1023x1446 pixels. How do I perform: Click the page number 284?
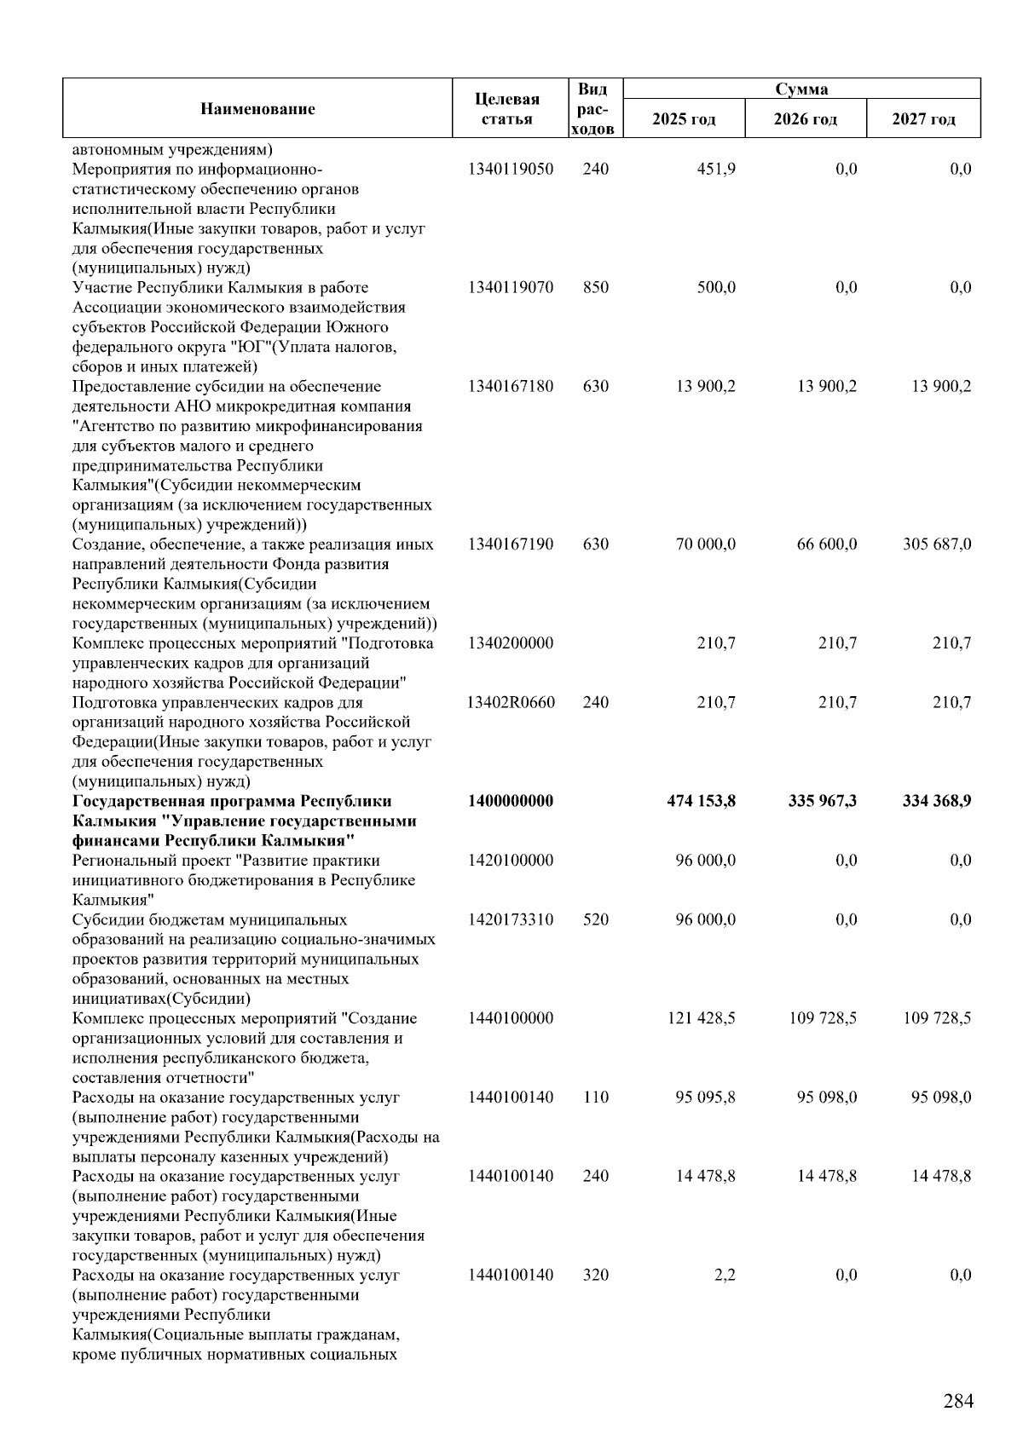coord(958,1401)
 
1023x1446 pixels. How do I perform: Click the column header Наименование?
coord(257,108)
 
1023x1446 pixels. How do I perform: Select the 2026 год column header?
coord(805,118)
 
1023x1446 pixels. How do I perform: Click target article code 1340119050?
coord(510,169)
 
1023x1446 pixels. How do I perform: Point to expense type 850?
coord(596,287)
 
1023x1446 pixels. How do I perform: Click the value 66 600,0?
coord(826,544)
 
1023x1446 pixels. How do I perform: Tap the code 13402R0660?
coord(510,702)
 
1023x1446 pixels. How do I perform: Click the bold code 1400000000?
coord(510,801)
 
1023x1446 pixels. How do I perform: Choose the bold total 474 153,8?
coord(701,801)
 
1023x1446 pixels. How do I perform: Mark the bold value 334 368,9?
coord(936,801)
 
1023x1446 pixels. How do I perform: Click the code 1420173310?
coord(510,919)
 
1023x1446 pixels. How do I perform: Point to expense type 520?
coord(596,919)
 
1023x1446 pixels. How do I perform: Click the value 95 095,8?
coord(705,1097)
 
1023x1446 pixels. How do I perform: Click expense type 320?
coord(596,1275)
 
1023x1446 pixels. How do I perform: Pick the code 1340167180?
coord(510,386)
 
